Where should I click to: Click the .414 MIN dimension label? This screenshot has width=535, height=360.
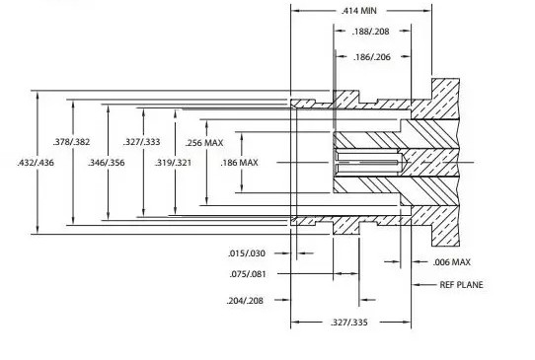359,11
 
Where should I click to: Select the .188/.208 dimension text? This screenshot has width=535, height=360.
370,32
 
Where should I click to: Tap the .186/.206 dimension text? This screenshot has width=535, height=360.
372,57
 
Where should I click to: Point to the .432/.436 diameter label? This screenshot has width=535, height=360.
36,163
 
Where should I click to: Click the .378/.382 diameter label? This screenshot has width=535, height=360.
71,142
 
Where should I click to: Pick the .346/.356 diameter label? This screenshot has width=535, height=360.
107,163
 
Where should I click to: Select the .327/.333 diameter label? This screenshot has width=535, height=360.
141,142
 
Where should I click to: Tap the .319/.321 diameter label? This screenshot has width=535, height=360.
173,163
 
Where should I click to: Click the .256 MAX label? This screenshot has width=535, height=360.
204,143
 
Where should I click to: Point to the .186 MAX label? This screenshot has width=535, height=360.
239,163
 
